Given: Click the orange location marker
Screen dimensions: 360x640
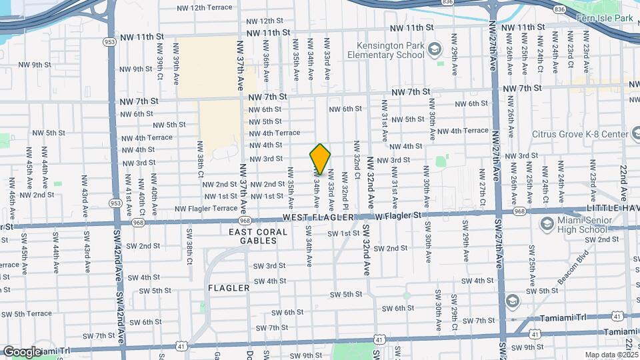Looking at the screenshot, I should pyautogui.click(x=320, y=159).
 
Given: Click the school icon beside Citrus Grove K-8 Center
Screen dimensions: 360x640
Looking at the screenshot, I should pyautogui.click(x=523, y=133).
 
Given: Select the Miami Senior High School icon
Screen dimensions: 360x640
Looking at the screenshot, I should pyautogui.click(x=547, y=223).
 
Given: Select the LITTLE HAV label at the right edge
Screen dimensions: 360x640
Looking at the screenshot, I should pyautogui.click(x=612, y=209).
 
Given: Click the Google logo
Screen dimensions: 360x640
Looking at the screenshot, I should pyautogui.click(x=22, y=351).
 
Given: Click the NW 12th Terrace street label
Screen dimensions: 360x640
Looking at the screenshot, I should pyautogui.click(x=205, y=8).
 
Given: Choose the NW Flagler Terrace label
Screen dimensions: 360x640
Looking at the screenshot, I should pyautogui.click(x=206, y=209).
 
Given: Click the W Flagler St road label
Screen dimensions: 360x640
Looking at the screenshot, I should pyautogui.click(x=399, y=215).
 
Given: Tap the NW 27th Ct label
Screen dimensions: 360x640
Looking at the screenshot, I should pyautogui.click(x=481, y=193).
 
